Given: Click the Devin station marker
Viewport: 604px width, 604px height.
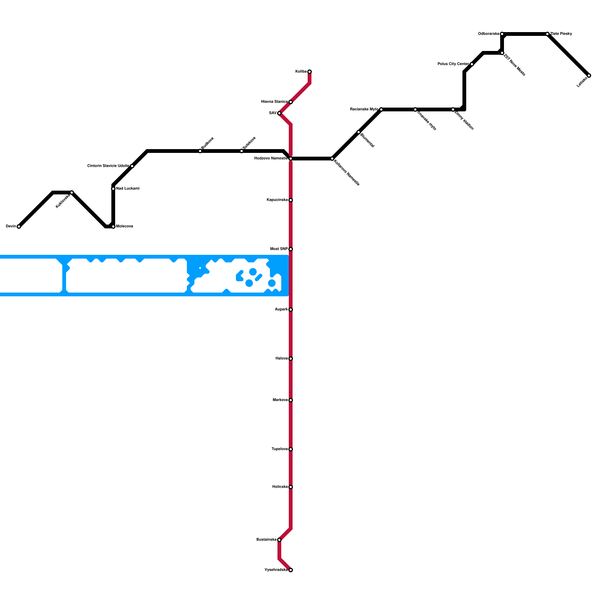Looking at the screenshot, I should coord(19,226).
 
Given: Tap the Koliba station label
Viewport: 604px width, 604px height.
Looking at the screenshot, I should coord(301,72).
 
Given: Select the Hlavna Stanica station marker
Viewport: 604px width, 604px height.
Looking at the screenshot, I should coord(291,102).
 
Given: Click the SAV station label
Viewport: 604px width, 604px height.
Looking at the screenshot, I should coord(273,113).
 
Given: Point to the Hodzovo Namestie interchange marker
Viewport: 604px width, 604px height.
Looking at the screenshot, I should coord(291,159).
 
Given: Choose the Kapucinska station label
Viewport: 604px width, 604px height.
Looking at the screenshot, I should coord(277,200).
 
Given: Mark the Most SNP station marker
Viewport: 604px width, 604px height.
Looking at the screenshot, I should coord(291,249).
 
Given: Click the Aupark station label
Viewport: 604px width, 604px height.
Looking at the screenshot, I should coord(281,310).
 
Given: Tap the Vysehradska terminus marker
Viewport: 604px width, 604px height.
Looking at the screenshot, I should coord(291,570).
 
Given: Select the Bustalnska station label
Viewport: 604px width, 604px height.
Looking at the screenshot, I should coord(267,540).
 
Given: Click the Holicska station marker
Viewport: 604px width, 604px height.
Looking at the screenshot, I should coord(291,487).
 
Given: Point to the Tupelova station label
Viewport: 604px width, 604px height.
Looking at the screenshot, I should coord(280,449).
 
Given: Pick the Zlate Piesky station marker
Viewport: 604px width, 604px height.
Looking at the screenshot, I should coord(547,34).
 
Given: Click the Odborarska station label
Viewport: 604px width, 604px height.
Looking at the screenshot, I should coord(488,34).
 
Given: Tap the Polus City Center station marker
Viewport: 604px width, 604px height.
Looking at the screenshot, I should coord(472,64).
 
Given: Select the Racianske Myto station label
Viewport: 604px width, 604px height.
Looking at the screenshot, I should coord(364,109).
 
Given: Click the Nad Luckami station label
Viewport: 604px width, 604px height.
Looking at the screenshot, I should coord(128,189).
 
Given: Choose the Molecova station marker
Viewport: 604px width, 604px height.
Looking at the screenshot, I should coord(113,226).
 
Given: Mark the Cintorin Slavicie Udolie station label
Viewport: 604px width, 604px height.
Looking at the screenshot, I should coord(108,166).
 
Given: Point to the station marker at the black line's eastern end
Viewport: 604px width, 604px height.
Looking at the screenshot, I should coord(589,75).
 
